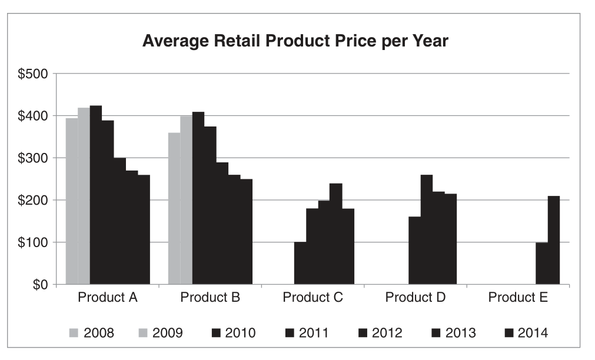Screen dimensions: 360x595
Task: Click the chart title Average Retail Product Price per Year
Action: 295,42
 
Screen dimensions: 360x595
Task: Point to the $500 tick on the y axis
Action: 34,74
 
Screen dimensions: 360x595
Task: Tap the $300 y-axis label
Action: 34,158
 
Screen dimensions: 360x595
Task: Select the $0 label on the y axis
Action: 40,285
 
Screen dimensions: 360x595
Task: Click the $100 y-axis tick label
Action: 34,242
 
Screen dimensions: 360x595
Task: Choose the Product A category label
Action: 108,298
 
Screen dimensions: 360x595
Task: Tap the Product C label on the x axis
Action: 313,298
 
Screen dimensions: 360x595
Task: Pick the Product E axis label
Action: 518,298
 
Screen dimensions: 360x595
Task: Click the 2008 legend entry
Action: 92,334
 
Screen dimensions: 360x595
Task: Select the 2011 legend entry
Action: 306,334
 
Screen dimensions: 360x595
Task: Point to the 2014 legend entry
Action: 526,334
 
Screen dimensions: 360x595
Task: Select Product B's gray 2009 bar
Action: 186,200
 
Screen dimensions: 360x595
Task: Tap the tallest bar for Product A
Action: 96,195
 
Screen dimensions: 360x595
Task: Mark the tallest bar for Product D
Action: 427,229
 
